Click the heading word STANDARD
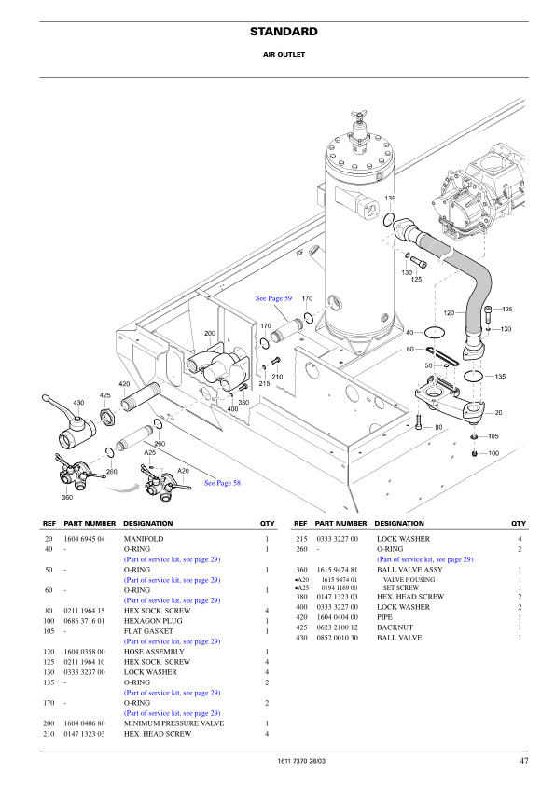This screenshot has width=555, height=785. [x=284, y=32]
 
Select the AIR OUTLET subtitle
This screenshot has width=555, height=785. [x=284, y=55]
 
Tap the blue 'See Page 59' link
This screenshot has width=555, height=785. [x=273, y=298]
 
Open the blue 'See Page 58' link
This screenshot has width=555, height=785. [x=222, y=483]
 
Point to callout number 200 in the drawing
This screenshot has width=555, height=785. [x=210, y=333]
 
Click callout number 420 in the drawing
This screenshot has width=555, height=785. [x=124, y=384]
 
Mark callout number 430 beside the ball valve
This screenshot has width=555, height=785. [x=78, y=403]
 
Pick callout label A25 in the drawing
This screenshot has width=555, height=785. [x=149, y=452]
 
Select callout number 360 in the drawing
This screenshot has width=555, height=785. [x=67, y=497]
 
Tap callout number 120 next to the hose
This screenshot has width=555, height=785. [x=449, y=313]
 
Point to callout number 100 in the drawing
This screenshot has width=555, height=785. [x=493, y=453]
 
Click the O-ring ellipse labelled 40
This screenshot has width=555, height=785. [x=435, y=332]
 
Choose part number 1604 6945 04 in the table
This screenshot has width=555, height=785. [x=84, y=539]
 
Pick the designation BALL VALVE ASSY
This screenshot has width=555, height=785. [x=407, y=570]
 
